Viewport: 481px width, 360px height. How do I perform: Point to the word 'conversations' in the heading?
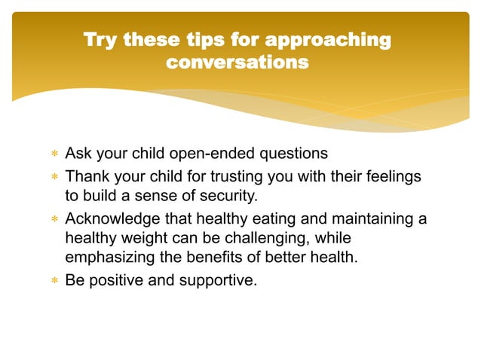click(x=237, y=63)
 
